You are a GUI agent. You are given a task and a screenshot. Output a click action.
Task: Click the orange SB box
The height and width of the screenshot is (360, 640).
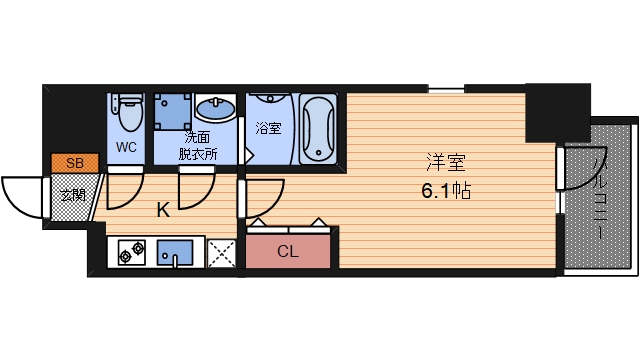click(75, 163)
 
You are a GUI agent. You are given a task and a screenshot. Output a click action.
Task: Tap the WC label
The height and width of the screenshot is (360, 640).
click(126, 147)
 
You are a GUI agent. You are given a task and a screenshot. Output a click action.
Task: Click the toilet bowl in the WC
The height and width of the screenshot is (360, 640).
click(131, 113)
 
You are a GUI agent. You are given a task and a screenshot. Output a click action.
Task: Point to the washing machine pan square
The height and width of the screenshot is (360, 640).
click(173, 111)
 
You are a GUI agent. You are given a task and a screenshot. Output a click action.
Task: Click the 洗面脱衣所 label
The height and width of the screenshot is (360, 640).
click(198, 145)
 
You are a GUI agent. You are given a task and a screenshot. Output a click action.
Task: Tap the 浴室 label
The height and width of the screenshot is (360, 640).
click(268, 128)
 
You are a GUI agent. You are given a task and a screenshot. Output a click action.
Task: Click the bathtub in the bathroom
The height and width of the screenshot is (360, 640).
click(318, 129)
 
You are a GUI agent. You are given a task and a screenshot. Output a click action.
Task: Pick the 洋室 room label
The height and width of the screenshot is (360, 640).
click(446, 162)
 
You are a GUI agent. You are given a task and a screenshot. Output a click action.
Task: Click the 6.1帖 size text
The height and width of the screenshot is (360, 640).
click(446, 191)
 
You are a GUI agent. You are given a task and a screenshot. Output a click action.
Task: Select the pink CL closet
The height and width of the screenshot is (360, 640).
click(288, 251)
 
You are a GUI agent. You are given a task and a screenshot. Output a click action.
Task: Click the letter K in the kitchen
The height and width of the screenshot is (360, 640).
click(163, 211)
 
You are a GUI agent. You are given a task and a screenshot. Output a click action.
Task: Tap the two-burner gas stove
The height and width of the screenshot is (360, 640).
click(132, 253)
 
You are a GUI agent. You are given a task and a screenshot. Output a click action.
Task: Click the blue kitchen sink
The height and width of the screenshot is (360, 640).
click(175, 253)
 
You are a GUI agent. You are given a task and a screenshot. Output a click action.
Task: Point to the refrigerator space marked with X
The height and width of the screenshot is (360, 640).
click(222, 253)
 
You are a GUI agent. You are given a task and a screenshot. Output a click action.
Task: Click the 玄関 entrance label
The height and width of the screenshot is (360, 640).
click(73, 196)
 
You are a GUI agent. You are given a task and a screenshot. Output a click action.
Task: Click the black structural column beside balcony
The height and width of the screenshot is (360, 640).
click(558, 113)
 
